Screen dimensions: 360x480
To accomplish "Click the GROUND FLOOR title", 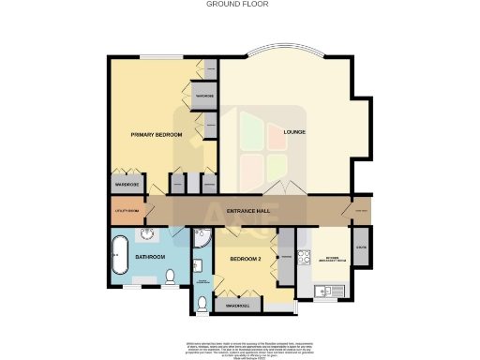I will [x=239, y=4].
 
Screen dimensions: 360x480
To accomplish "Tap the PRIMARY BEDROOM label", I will [x=156, y=136].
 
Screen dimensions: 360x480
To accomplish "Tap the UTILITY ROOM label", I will [x=127, y=212].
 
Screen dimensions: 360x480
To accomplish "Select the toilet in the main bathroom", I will [x=170, y=277].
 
